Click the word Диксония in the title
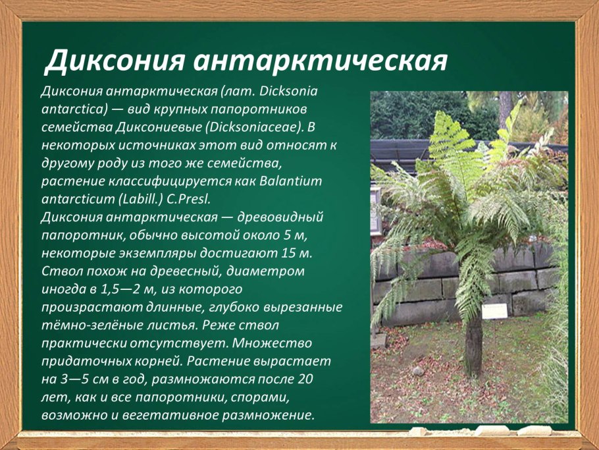(x=115, y=61)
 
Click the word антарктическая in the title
(x=320, y=61)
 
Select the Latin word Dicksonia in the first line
(x=289, y=92)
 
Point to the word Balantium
(x=291, y=181)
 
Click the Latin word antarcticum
(x=78, y=199)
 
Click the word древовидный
(x=281, y=217)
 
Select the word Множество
(x=272, y=343)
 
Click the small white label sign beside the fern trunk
(x=495, y=312)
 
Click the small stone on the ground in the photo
(x=419, y=371)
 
